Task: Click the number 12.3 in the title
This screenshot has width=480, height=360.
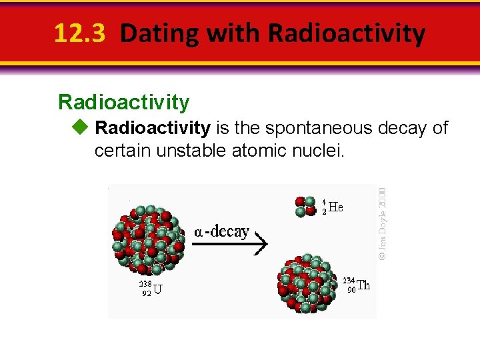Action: click(79, 33)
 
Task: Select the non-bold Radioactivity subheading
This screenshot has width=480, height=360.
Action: click(124, 102)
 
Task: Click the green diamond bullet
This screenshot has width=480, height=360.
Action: click(81, 127)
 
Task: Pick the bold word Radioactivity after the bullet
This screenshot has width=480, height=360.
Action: click(153, 127)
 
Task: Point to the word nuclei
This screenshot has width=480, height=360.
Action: click(319, 151)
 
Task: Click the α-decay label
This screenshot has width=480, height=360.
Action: click(221, 232)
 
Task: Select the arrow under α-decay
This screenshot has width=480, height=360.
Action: click(229, 245)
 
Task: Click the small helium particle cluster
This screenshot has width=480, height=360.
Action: click(305, 207)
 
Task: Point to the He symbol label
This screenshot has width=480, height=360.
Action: click(336, 207)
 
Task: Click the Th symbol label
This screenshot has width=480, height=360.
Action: click(363, 285)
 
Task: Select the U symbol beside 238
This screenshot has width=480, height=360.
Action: click(157, 289)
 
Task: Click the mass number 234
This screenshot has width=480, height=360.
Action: click(349, 280)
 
